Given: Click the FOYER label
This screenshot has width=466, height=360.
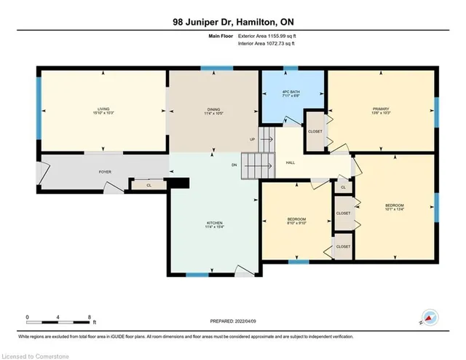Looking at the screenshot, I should pos(105,172).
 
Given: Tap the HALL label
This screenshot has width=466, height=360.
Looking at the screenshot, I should pos(290,163).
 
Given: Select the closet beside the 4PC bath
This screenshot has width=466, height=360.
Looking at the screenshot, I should pos(315,132).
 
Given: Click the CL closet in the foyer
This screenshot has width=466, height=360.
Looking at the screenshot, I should pos(148,186).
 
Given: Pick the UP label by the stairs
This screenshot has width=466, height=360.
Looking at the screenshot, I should pos(253,139).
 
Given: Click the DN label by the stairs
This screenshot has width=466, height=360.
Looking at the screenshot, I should pos(234,165).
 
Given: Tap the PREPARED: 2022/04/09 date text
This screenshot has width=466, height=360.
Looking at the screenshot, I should pos(232,320).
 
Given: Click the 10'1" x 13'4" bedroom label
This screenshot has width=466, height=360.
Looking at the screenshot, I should pos(394,208).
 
